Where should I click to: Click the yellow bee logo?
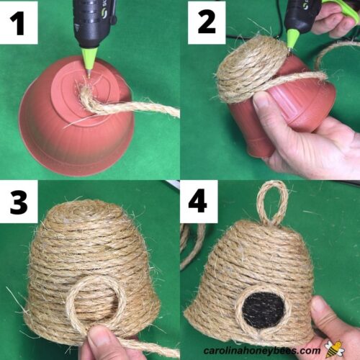click(334, 348)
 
